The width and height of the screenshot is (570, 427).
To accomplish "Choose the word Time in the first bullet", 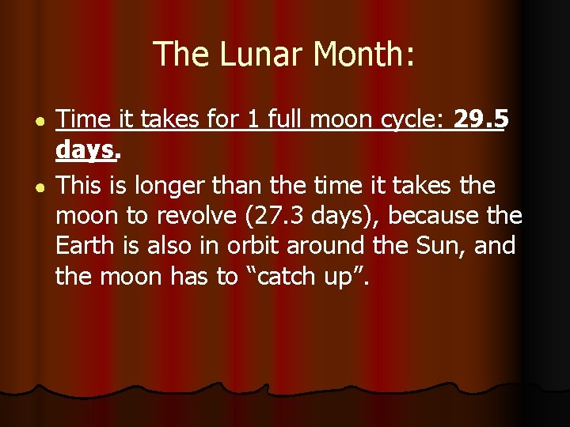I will [x=83, y=119].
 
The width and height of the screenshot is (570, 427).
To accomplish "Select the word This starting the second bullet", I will [x=83, y=186].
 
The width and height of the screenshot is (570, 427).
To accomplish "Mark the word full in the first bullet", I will [x=280, y=119].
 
